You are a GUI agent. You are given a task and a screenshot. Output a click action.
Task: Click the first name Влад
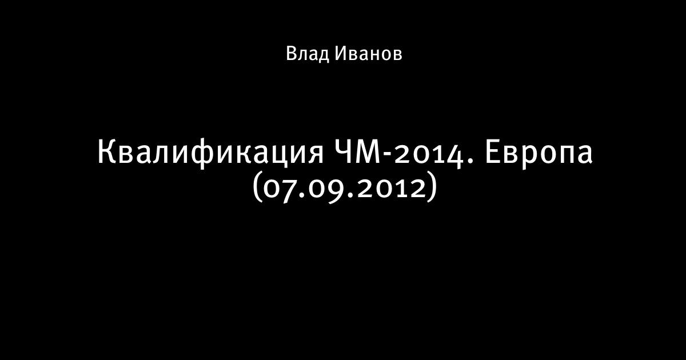tap(307, 54)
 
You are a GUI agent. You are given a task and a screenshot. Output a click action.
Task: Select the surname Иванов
tap(368, 54)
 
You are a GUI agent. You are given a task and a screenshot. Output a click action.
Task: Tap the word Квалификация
tap(210, 153)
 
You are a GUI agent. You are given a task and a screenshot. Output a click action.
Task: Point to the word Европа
tap(539, 153)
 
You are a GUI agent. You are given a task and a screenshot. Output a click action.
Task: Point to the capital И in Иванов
tap(341, 54)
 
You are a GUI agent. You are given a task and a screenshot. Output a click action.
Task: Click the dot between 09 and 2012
tap(349, 195)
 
